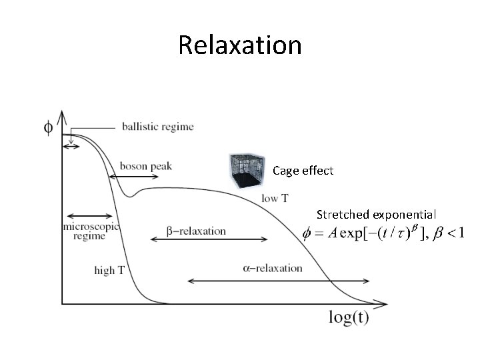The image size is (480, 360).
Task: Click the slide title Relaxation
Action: [x=240, y=45]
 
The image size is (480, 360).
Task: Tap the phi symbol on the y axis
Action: [x=49, y=127]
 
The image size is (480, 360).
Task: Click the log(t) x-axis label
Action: [x=348, y=317]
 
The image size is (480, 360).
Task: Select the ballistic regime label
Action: [x=157, y=127]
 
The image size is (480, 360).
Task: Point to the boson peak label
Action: [x=146, y=166]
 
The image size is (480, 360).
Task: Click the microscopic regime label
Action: [x=90, y=231]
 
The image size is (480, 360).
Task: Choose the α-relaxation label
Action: [x=272, y=268]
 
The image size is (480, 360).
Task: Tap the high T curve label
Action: [x=109, y=270]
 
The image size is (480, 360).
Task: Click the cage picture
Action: [x=249, y=171]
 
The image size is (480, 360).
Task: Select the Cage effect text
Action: [x=303, y=171]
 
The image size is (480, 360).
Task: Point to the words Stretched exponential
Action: [x=376, y=215]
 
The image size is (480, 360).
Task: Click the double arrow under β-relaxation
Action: [x=207, y=239]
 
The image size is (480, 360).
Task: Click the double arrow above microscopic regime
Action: [x=89, y=216]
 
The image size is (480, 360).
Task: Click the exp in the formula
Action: [x=347, y=234]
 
